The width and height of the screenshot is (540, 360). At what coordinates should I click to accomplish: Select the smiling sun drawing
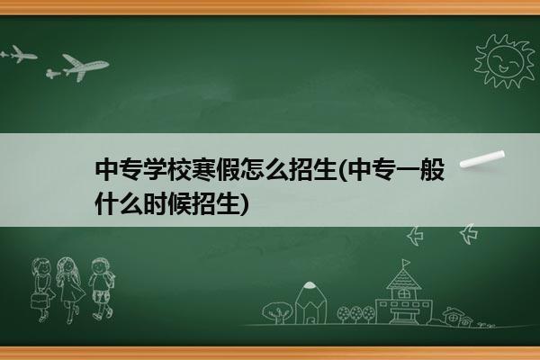tap(505, 61)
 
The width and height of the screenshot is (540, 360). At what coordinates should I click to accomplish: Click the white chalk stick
tap(482, 159)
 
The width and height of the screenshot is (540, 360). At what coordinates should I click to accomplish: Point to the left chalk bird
tap(415, 236)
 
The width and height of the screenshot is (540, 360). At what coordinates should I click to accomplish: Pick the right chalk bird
tap(469, 234)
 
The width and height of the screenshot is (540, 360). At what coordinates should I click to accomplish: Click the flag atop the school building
tap(406, 263)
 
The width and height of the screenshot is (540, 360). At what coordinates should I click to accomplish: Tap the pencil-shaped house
tap(311, 302)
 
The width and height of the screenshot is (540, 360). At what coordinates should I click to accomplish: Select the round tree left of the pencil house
tap(276, 311)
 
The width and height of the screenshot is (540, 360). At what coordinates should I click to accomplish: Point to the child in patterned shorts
tap(101, 289)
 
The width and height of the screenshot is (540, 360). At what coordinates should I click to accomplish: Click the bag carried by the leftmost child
tap(39, 301)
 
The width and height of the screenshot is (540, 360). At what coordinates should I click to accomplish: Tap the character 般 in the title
tap(433, 170)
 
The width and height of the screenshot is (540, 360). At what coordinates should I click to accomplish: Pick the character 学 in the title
tap(155, 170)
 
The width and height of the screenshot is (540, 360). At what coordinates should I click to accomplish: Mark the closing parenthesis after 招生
tap(244, 204)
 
